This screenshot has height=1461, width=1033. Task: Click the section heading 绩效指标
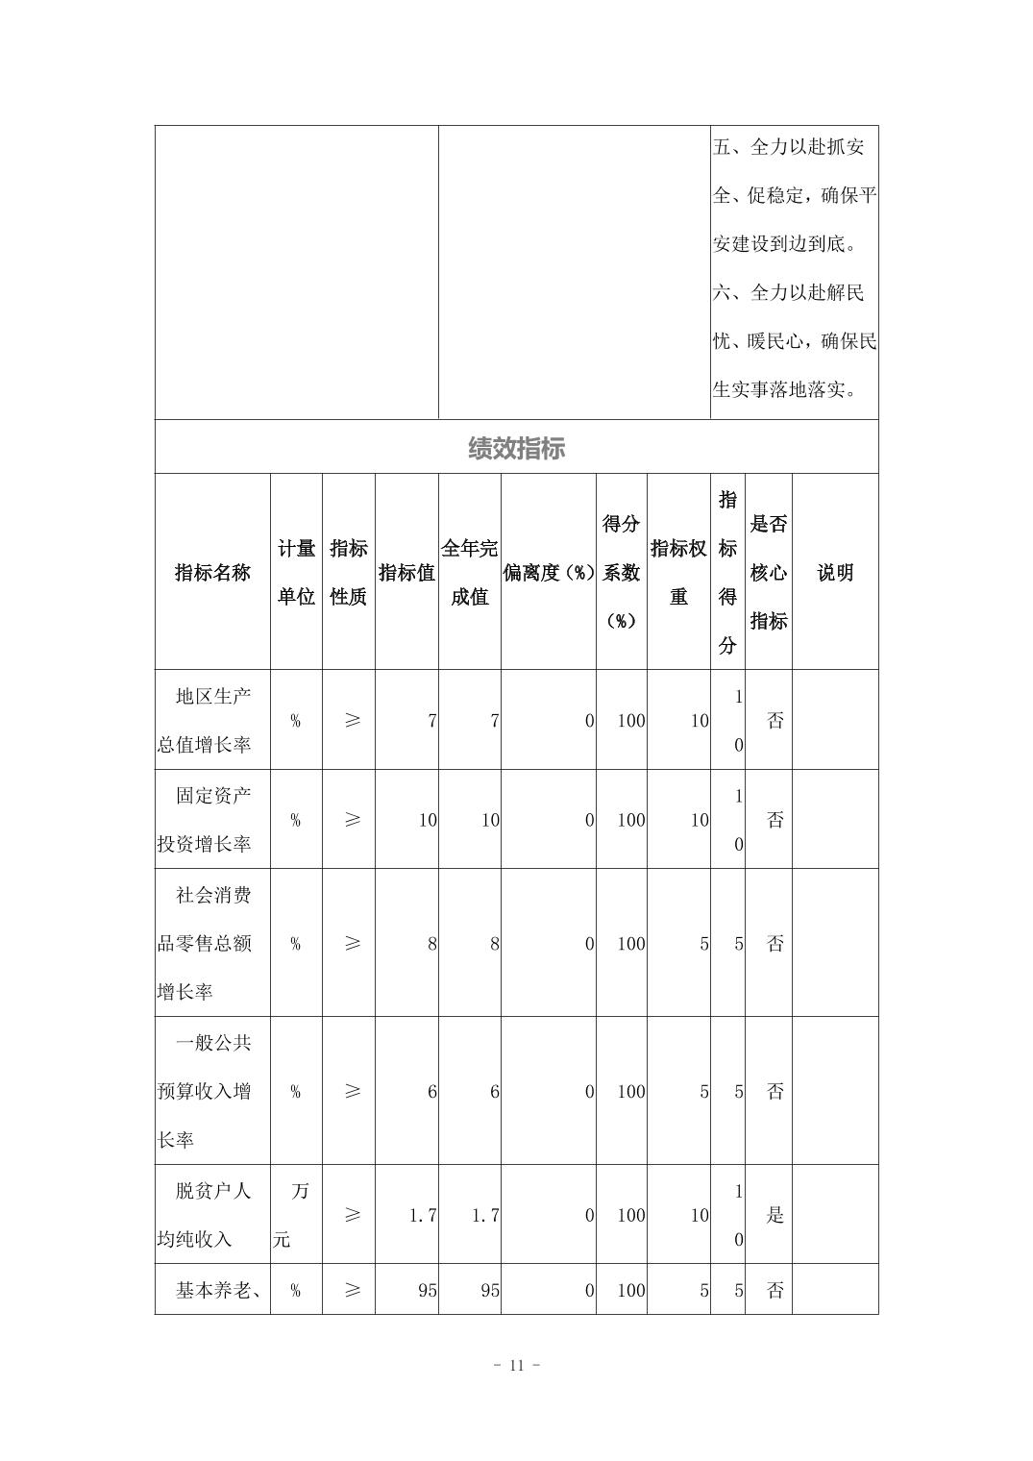tap(516, 448)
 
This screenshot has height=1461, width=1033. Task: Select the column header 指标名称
tap(212, 573)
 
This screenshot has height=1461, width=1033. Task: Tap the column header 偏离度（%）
tap(549, 573)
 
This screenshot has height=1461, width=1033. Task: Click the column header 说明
tap(835, 573)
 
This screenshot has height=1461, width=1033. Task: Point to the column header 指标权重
tap(678, 573)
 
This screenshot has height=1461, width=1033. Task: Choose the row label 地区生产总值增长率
tap(211, 720)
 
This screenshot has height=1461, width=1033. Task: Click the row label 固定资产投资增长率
tap(211, 820)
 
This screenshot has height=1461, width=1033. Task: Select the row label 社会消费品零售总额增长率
tap(211, 943)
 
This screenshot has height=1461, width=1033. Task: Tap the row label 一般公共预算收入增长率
tap(211, 1091)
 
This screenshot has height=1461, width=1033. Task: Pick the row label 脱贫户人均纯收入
tap(211, 1215)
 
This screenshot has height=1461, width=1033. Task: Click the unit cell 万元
tap(295, 1215)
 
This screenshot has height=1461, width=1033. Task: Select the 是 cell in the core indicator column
tap(775, 1215)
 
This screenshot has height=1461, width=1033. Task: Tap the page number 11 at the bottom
tap(516, 1365)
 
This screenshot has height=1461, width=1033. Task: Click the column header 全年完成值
tap(469, 573)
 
